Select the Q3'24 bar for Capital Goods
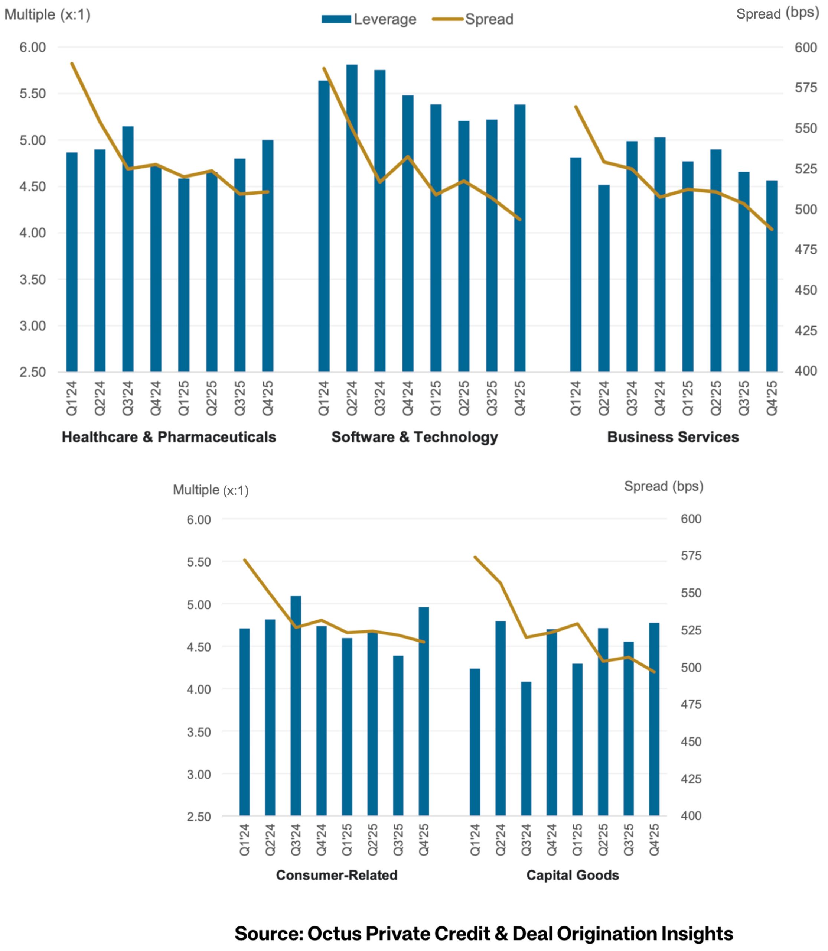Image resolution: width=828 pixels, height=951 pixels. click(x=526, y=749)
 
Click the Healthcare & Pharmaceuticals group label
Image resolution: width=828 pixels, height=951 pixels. click(x=169, y=437)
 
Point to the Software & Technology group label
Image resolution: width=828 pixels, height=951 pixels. click(x=414, y=437)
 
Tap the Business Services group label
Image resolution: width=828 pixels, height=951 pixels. click(x=673, y=437)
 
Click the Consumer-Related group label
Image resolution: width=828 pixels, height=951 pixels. click(x=336, y=875)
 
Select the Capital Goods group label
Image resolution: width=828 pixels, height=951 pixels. click(x=573, y=875)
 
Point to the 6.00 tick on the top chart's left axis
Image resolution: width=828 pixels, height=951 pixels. click(x=32, y=47)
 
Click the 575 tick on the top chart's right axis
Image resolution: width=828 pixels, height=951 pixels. click(x=805, y=87)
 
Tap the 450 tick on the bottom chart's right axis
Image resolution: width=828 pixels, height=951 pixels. click(x=691, y=741)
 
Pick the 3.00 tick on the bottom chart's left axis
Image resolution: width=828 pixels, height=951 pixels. click(x=199, y=775)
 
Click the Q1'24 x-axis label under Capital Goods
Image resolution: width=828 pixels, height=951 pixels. click(x=475, y=839)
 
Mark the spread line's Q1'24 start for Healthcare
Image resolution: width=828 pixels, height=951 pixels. click(x=72, y=64)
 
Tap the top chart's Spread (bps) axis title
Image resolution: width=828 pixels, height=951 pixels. click(x=777, y=13)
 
